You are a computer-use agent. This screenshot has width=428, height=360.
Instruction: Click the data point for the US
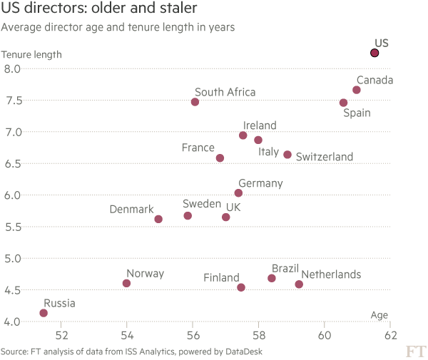coord(374,53)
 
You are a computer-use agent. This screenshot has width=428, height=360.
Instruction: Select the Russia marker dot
coord(44,313)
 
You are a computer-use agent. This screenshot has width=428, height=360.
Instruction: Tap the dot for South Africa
coord(195,102)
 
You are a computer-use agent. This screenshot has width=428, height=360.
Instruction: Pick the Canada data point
coord(357,90)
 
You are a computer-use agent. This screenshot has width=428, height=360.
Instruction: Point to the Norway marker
coord(126,283)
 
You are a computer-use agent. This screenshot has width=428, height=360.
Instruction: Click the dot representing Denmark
coord(158,219)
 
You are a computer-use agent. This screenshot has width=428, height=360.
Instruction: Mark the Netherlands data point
coord(299,284)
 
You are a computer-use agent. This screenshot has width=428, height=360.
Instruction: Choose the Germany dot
coord(238,193)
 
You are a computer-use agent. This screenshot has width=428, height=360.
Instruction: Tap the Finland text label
coord(221,278)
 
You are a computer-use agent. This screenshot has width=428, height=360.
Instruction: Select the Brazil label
coord(285,269)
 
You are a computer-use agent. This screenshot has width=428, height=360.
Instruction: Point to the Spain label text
coord(357,112)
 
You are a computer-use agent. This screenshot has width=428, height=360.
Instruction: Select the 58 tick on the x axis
coord(259,334)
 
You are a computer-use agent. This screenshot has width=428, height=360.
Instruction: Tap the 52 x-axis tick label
coord(61,334)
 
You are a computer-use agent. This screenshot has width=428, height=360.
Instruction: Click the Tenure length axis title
coord(31,54)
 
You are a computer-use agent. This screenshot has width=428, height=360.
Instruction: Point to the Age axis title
coord(379,315)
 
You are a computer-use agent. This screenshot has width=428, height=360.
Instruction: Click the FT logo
coord(414,351)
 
